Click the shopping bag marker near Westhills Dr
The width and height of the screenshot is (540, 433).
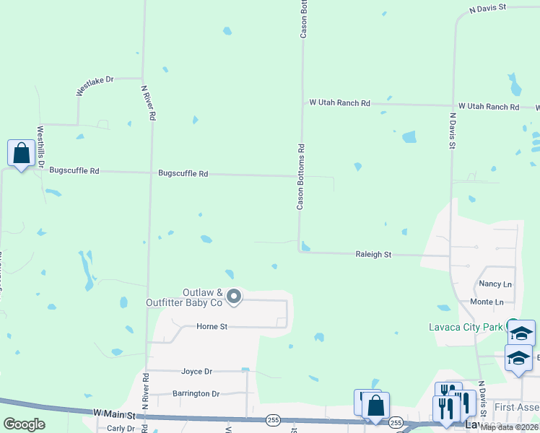pyautogui.click(x=21, y=154)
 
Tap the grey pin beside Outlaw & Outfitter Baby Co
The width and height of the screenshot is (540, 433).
pyautogui.click(x=233, y=296)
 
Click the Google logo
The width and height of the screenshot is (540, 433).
pyautogui.click(x=24, y=424)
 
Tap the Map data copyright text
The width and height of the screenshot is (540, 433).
pyautogui.click(x=510, y=427)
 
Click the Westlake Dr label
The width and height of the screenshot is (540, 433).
pyautogui.click(x=95, y=85)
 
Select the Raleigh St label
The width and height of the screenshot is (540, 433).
pyautogui.click(x=373, y=255)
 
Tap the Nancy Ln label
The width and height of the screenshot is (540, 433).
pyautogui.click(x=495, y=284)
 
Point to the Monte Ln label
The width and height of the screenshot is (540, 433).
pyautogui.click(x=487, y=302)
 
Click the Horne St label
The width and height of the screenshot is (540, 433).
pyautogui.click(x=212, y=327)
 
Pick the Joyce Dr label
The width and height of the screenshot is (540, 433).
pyautogui.click(x=196, y=372)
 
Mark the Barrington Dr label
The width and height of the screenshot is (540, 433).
pyautogui.click(x=196, y=394)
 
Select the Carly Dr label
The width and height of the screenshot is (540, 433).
pyautogui.click(x=120, y=428)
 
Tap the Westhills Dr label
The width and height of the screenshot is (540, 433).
pyautogui.click(x=40, y=148)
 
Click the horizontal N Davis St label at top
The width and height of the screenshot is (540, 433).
pyautogui.click(x=488, y=8)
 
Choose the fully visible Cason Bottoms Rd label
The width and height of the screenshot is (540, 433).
pyautogui.click(x=301, y=177)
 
